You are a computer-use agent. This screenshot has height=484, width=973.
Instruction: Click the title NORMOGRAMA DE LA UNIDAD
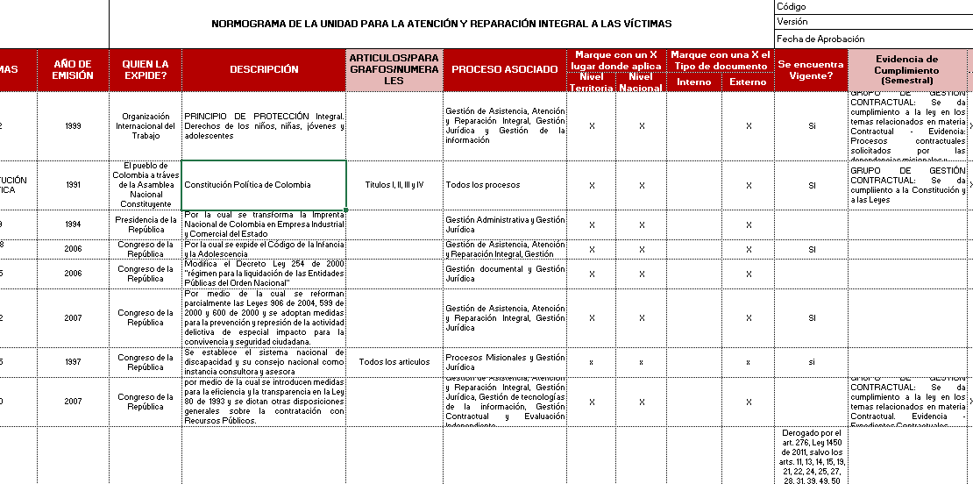pyautogui.click(x=442, y=24)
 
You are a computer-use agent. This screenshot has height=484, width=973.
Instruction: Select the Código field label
pyautogui.click(x=792, y=7)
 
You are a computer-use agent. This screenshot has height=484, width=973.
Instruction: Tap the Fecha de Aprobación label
pyautogui.click(x=820, y=39)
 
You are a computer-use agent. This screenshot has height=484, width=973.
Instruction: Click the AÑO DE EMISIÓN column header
pyautogui.click(x=73, y=69)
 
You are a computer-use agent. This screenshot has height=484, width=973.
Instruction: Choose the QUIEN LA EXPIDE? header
pyautogui.click(x=146, y=69)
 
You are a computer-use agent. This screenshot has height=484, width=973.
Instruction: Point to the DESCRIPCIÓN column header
pyautogui.click(x=264, y=69)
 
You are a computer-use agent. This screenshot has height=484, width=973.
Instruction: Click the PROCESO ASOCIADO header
pyautogui.click(x=504, y=69)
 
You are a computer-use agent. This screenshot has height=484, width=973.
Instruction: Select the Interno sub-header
pyautogui.click(x=694, y=82)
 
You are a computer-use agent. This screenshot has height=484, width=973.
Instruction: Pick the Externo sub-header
pyautogui.click(x=748, y=82)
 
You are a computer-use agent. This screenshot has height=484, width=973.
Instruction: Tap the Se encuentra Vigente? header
pyautogui.click(x=811, y=69)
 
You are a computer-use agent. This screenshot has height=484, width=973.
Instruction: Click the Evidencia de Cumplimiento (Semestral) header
pyautogui.click(x=907, y=69)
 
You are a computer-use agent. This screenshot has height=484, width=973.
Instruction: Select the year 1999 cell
pyautogui.click(x=74, y=126)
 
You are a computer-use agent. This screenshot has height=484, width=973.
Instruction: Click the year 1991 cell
pyautogui.click(x=74, y=185)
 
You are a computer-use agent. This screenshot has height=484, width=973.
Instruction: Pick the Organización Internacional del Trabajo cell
pyautogui.click(x=146, y=126)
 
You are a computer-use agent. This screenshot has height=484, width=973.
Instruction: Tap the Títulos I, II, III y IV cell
pyautogui.click(x=394, y=185)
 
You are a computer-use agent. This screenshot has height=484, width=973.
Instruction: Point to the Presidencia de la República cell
pyautogui.click(x=146, y=224)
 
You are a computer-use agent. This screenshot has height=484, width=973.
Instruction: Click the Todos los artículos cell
pyautogui.click(x=394, y=362)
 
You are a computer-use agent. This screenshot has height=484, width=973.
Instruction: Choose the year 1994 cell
pyautogui.click(x=74, y=224)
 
